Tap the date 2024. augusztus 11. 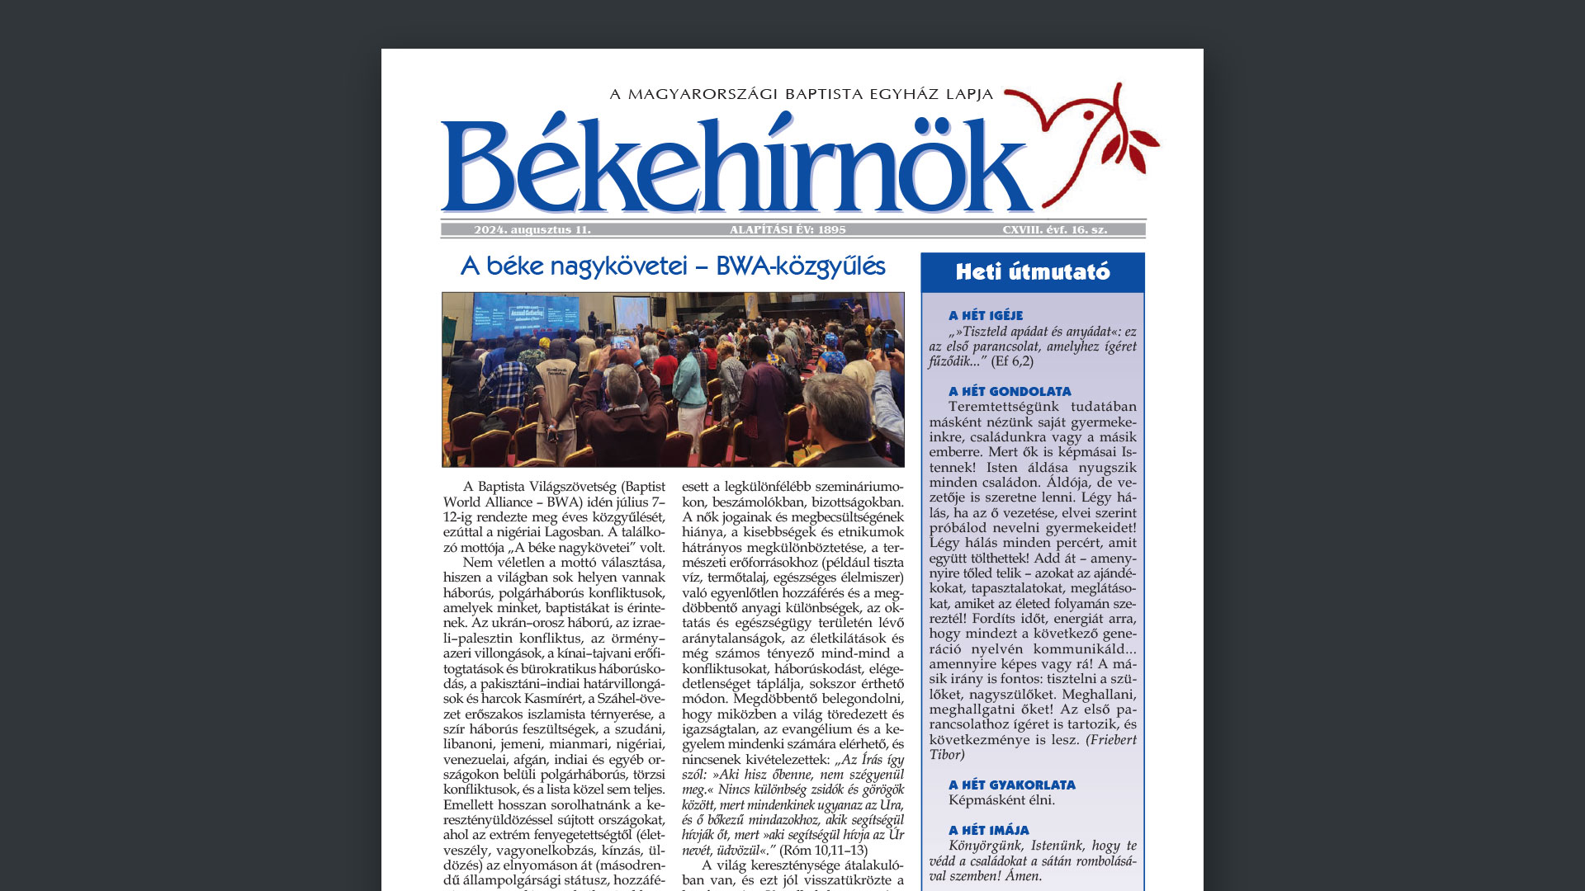coord(532,230)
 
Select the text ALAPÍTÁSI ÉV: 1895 coord(788,230)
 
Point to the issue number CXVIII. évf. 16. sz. coord(1054,230)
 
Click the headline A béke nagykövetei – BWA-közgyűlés coord(673,266)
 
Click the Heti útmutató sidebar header coord(1033,272)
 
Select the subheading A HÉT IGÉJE coord(986,316)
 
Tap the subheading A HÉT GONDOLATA coord(1010,392)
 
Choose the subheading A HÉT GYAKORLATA coord(1012,785)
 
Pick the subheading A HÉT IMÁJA coord(989,831)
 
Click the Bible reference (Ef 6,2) coord(1012,361)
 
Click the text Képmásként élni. coord(1001,800)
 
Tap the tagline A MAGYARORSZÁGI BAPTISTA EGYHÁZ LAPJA coord(802,94)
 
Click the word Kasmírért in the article coord(554,700)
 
